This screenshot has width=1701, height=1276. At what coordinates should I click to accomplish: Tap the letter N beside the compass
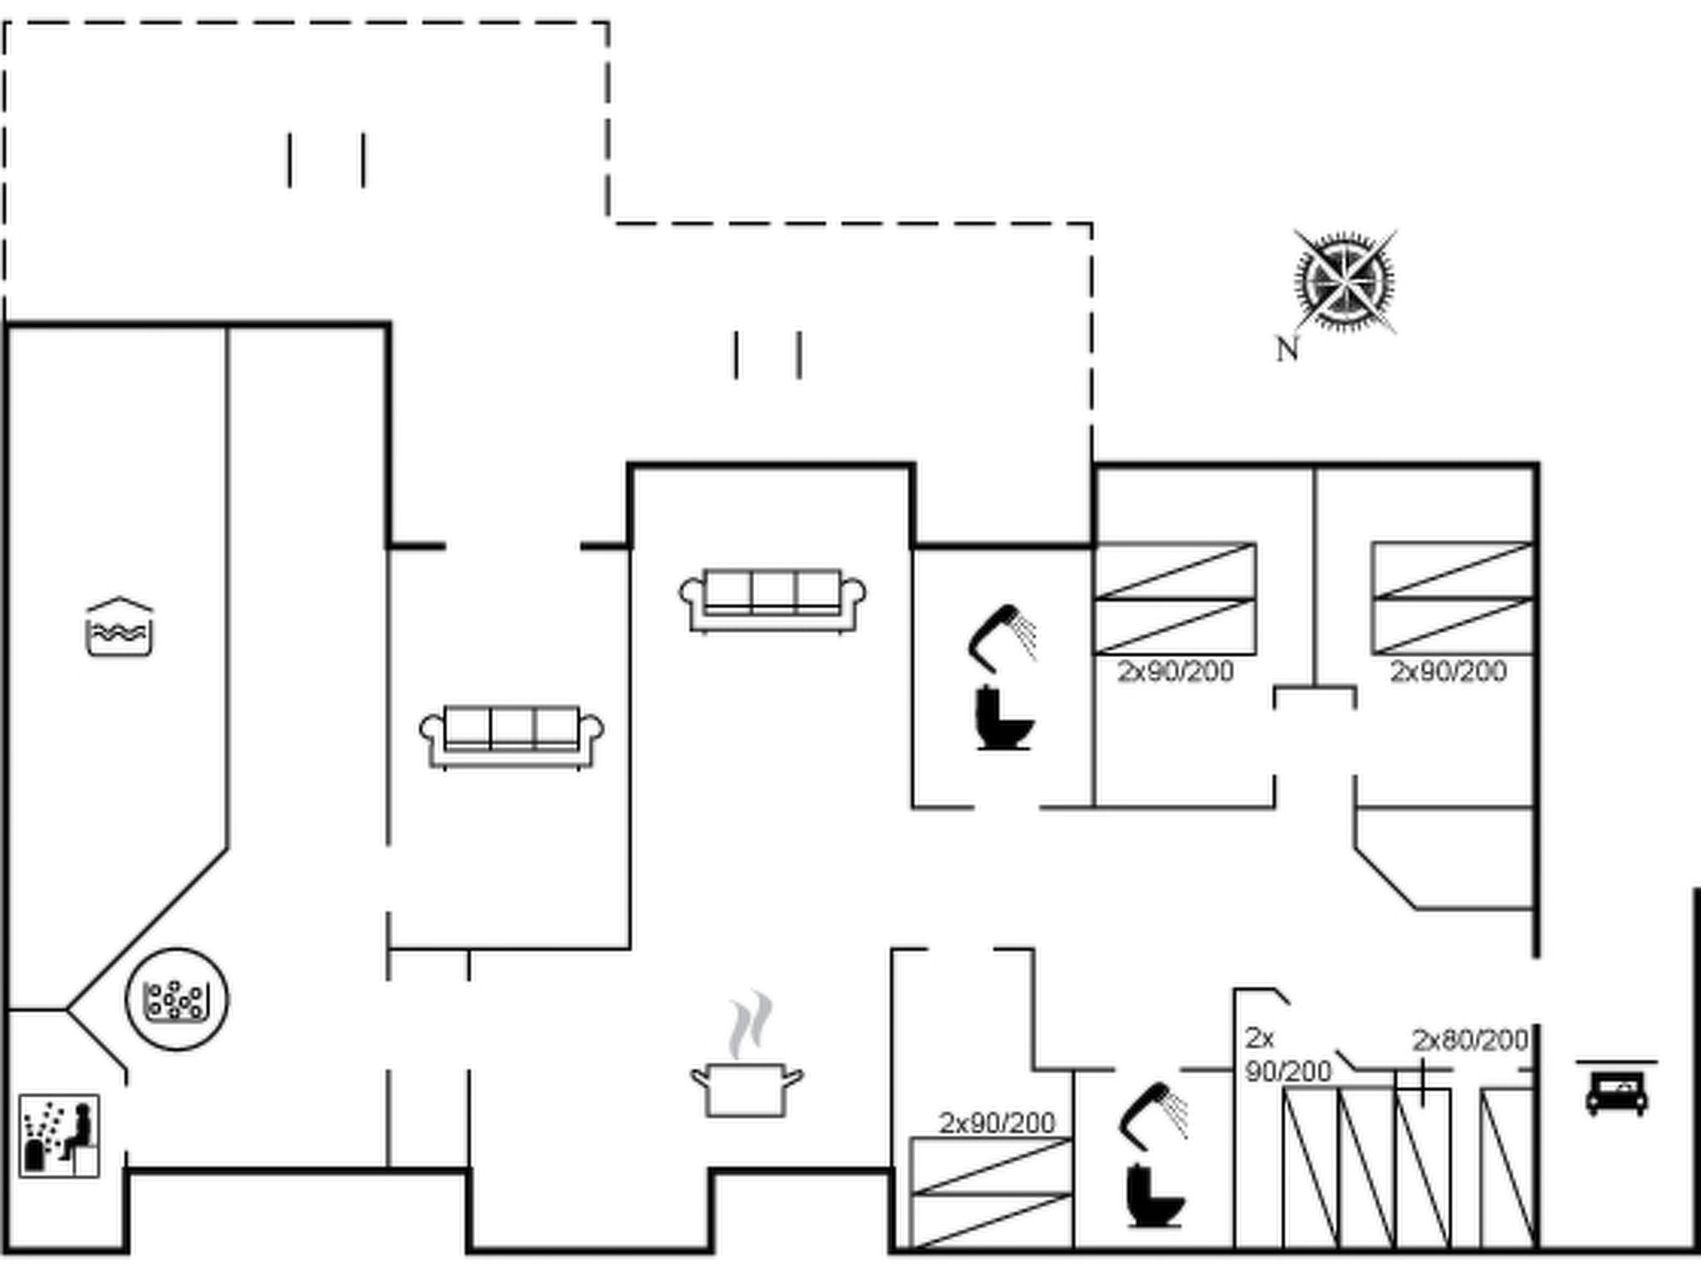tap(1287, 350)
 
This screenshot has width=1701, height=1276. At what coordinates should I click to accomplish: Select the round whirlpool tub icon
tap(176, 999)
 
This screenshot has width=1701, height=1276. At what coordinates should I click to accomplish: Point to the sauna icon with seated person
tap(59, 1136)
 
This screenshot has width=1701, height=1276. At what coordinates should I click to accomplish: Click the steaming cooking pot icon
tap(747, 1088)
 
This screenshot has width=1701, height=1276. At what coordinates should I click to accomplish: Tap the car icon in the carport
tap(1616, 1091)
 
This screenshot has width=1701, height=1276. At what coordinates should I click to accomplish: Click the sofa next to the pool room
tap(512, 736)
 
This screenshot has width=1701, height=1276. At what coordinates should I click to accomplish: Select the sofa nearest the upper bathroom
tap(772, 600)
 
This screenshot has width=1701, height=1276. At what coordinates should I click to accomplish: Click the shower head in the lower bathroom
tap(1154, 1115)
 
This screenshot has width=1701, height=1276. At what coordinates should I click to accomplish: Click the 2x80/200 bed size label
tap(1470, 1040)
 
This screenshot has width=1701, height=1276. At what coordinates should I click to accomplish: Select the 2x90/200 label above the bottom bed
tap(997, 1123)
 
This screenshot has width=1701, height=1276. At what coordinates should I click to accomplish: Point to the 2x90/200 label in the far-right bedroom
tap(1448, 671)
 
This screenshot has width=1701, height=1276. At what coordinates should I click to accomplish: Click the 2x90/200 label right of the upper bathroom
tap(1175, 671)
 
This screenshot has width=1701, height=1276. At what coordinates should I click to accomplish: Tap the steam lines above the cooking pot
tap(750, 1023)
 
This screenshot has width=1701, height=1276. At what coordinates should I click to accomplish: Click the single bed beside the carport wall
tap(1507, 1167)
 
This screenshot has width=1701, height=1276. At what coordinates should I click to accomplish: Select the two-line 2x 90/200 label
tap(1287, 1055)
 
